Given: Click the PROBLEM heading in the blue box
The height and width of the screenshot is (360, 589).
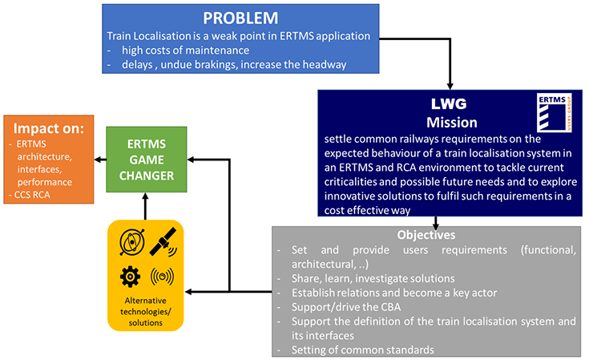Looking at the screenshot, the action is [x=240, y=18].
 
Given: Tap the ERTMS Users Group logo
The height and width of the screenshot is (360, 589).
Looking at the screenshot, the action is [x=554, y=112].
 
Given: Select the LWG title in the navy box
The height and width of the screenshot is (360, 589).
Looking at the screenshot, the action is [x=449, y=103].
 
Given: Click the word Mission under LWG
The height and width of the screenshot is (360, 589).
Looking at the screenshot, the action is [x=452, y=123].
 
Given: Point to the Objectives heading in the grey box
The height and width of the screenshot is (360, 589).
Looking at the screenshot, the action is [x=426, y=235].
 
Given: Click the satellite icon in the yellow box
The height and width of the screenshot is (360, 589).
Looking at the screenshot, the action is [x=163, y=242].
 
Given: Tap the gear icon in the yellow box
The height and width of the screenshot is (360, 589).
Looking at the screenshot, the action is [x=130, y=277].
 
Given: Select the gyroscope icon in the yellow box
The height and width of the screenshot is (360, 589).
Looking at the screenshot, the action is [x=132, y=242].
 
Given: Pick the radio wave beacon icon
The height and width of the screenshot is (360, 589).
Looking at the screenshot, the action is [x=162, y=277].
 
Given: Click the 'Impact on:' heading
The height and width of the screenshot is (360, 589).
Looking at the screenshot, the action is [x=49, y=128].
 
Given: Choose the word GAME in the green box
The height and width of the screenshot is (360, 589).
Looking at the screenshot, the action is [x=147, y=160].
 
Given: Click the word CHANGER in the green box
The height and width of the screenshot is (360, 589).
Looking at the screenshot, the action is [x=147, y=176].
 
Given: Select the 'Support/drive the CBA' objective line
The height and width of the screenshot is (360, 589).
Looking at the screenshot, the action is [x=346, y=307].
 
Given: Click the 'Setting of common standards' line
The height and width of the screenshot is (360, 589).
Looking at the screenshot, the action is [x=362, y=350].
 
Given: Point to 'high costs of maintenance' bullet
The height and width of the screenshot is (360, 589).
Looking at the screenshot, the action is [x=185, y=51].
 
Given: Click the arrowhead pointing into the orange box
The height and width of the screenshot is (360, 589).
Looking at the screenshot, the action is [x=97, y=160].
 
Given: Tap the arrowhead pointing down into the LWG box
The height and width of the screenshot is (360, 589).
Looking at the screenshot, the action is [x=450, y=86].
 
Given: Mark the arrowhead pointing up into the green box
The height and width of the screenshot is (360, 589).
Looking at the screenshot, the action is [x=145, y=196].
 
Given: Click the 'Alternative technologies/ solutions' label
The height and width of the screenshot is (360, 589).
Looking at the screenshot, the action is [x=145, y=312].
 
